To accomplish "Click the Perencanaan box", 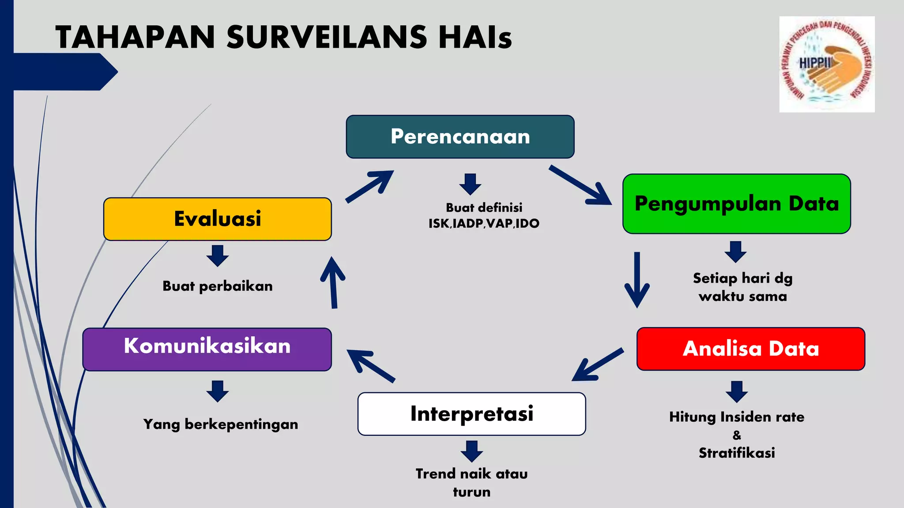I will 460,137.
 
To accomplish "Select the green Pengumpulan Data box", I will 736,204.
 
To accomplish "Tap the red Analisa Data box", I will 750,349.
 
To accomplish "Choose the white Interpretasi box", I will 471,414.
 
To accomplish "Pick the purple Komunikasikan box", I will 207,349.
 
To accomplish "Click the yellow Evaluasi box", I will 217,219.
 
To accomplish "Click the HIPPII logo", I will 827,64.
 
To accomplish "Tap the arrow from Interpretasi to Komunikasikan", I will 370,366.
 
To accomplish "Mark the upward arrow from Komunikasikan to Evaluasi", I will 333,283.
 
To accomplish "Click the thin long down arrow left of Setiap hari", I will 637,280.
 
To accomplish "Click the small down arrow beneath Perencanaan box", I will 470,184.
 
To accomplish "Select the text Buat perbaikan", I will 218,286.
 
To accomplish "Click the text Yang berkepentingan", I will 221,424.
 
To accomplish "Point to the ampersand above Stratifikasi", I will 737,435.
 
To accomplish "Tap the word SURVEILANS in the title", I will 327,37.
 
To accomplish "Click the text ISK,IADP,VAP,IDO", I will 484,224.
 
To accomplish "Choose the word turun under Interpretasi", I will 471,492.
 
